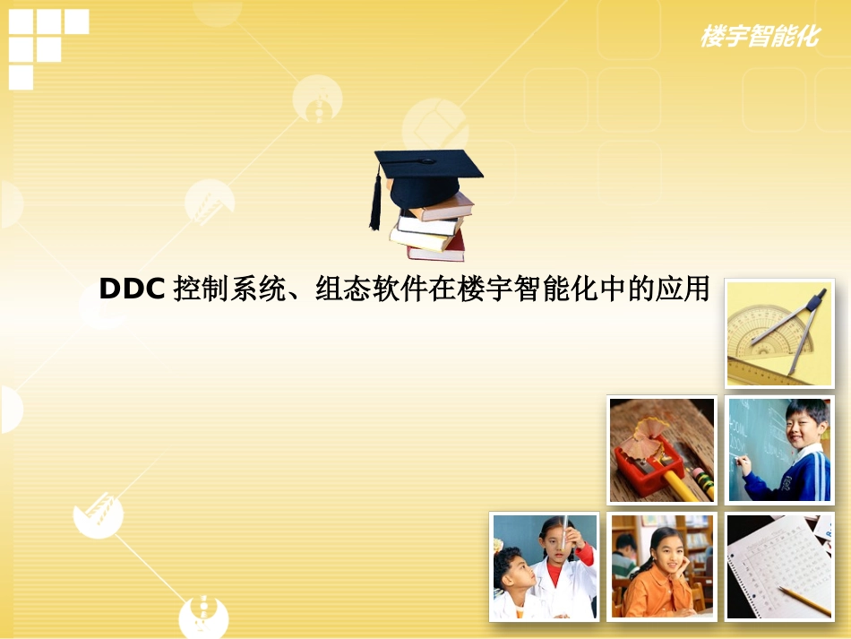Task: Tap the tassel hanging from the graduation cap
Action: [x=375, y=204]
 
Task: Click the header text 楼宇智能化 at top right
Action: [x=759, y=37]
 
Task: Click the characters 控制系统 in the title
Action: [x=229, y=289]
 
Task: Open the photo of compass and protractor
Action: [x=779, y=332]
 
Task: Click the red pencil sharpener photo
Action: [x=662, y=450]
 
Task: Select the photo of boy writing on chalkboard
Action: [x=779, y=450]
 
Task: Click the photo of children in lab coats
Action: [x=544, y=566]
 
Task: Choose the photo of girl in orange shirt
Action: [x=662, y=566]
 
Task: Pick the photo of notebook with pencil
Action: [x=779, y=566]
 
